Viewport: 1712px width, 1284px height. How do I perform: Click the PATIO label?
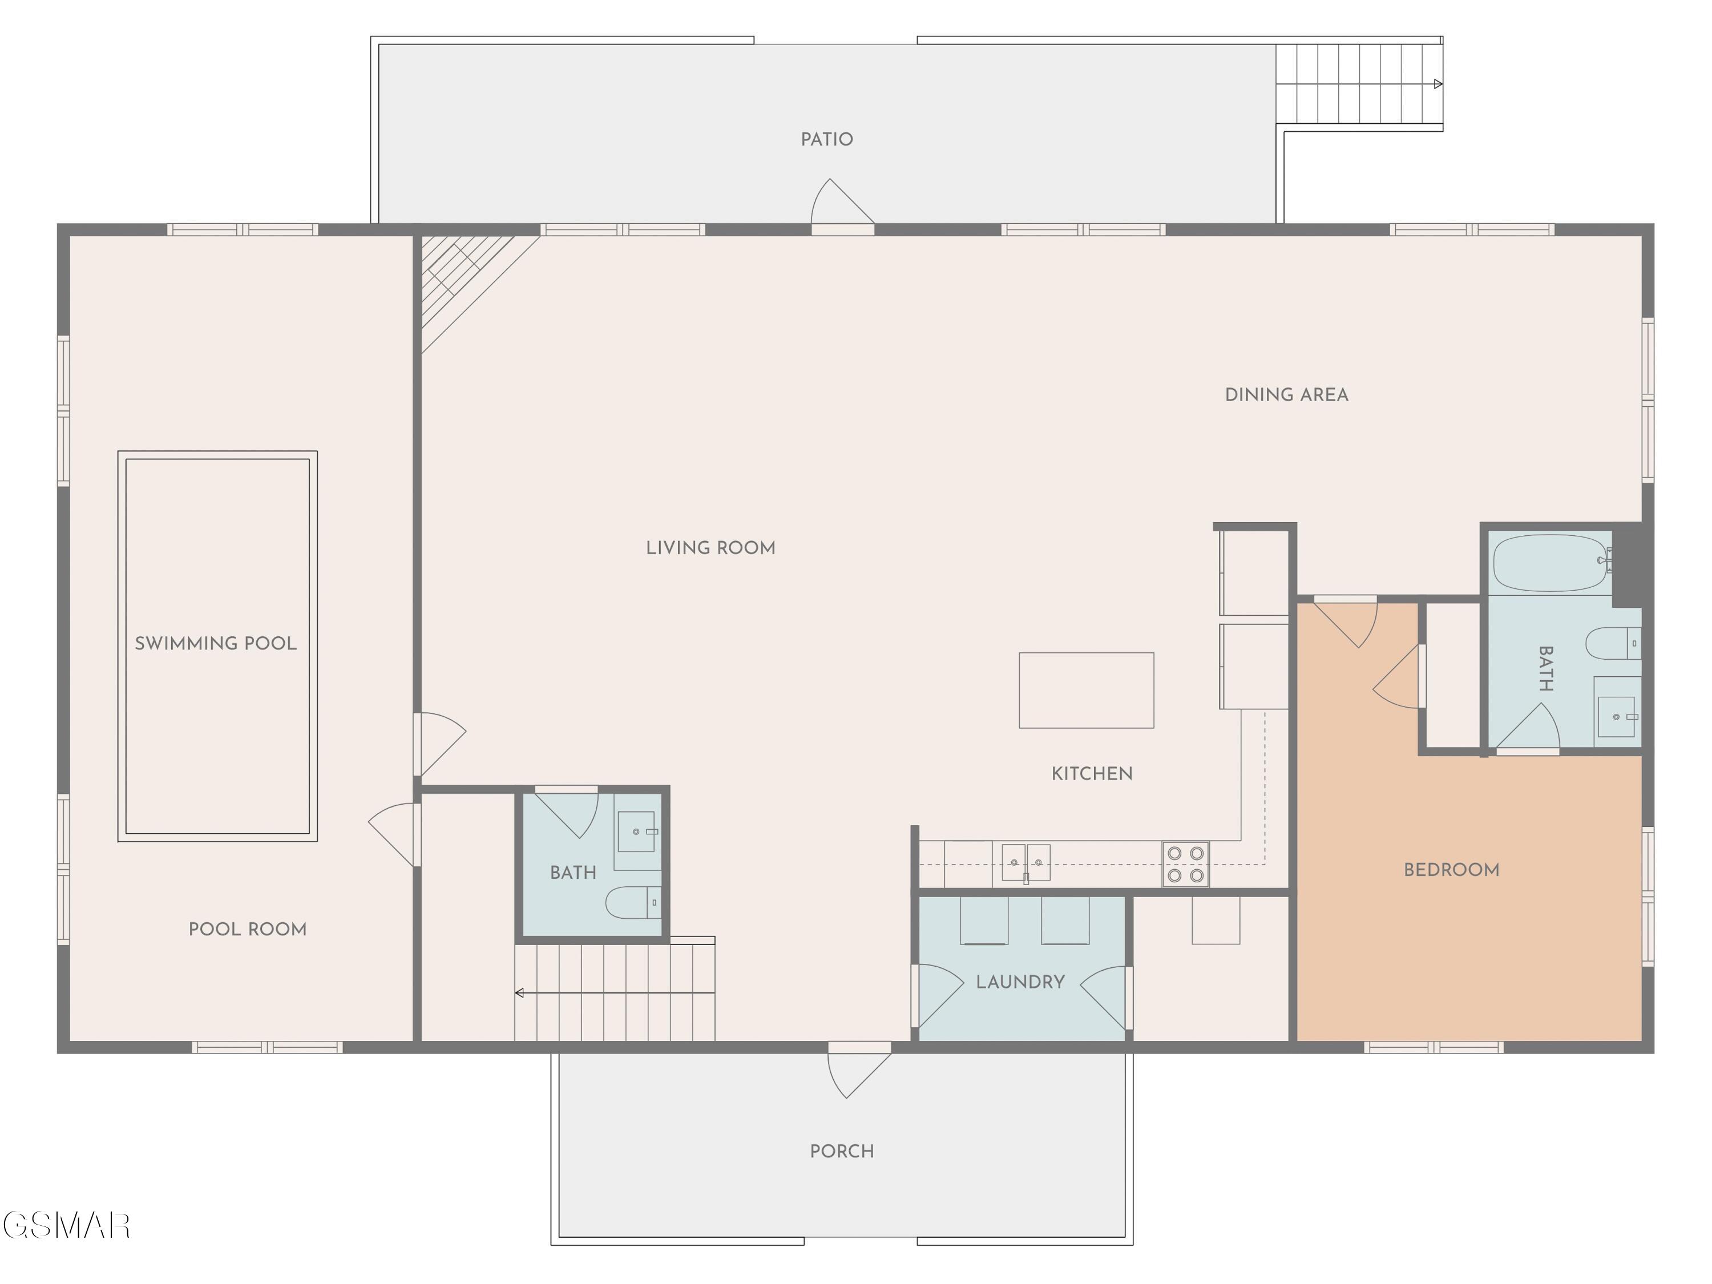826,139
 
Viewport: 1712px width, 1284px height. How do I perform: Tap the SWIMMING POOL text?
216,643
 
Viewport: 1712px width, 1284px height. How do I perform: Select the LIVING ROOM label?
710,548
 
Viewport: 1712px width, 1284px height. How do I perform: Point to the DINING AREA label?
1286,395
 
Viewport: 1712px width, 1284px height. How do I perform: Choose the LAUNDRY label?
1020,982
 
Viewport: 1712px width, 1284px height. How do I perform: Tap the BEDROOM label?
1451,870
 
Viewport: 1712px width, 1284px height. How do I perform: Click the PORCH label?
842,1151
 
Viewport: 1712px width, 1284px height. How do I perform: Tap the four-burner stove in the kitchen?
1185,864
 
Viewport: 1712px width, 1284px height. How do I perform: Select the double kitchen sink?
1026,863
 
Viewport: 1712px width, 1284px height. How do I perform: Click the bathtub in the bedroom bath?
1551,563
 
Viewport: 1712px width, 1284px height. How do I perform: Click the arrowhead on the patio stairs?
1438,83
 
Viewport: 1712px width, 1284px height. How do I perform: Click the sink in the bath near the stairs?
636,831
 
